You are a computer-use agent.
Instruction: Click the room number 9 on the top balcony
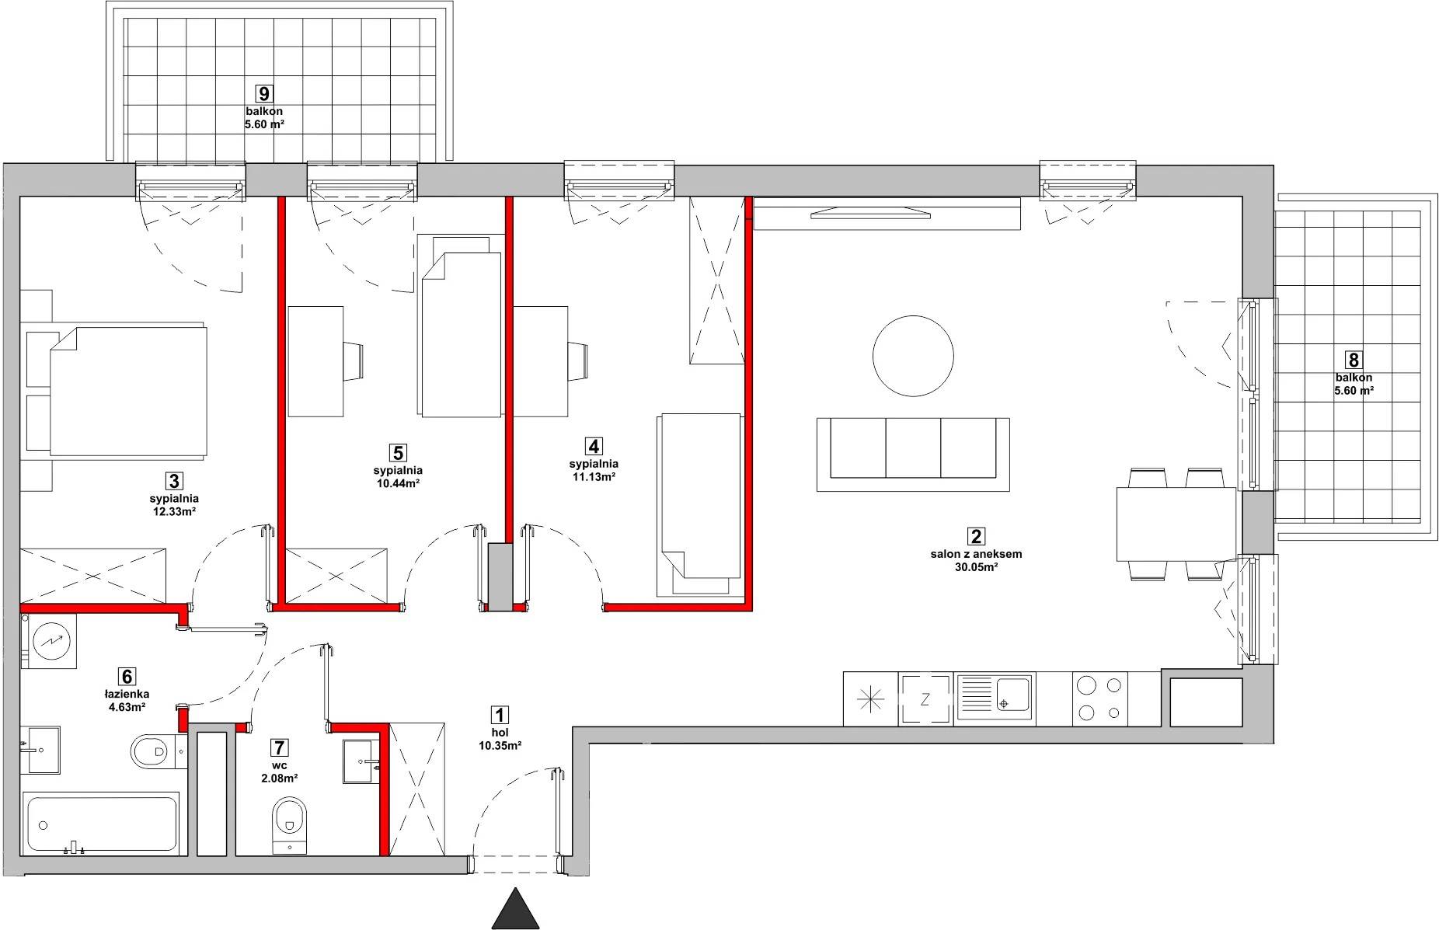point(264,94)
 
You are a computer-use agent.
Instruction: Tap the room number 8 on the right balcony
point(1354,360)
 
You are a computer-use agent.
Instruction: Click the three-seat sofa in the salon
point(913,455)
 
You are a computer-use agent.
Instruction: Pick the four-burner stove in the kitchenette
point(1098,698)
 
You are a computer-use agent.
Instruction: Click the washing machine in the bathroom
point(49,640)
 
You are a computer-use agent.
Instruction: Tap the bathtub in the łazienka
point(102,824)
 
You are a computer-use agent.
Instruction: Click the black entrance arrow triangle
point(516,908)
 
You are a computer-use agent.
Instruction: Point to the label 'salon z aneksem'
point(976,555)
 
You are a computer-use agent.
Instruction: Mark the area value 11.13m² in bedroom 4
point(594,477)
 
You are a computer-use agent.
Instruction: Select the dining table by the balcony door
point(1176,524)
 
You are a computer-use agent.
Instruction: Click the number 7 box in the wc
point(280,748)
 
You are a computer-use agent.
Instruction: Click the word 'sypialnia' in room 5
point(398,470)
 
